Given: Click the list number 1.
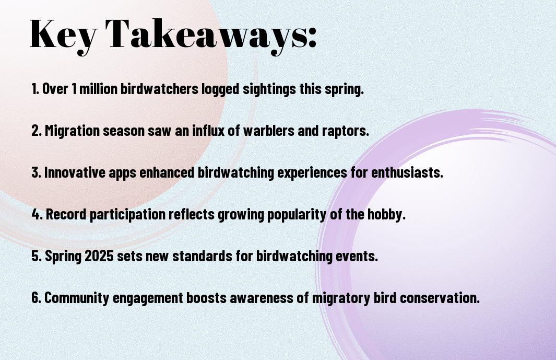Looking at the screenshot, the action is [35, 89].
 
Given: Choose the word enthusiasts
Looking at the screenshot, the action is [407, 172].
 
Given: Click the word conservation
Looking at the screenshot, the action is [440, 298].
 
